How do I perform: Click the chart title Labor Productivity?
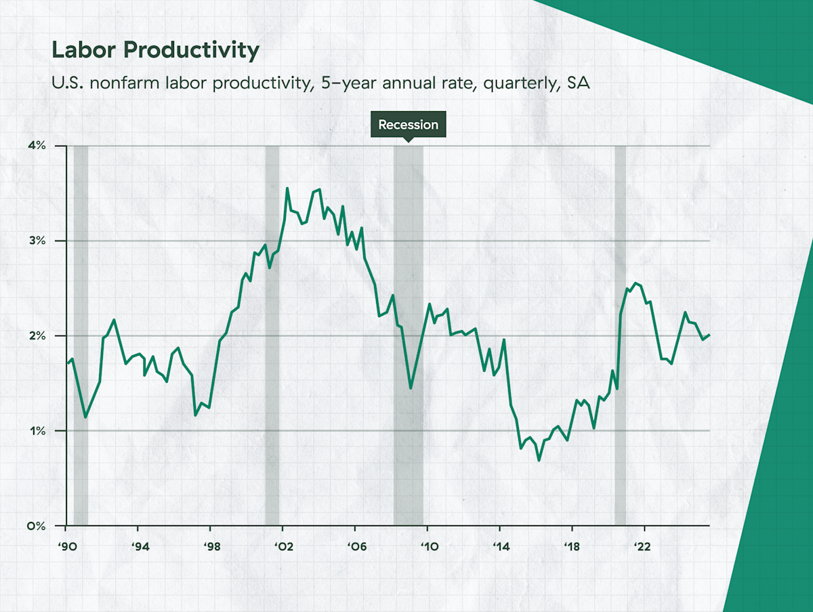(155, 51)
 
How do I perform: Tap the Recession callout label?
(408, 125)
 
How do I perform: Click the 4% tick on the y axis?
(36, 146)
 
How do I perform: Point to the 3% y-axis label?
(36, 241)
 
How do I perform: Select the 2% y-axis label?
(36, 336)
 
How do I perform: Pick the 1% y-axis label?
(37, 431)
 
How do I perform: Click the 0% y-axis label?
(36, 526)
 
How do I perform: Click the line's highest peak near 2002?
(287, 188)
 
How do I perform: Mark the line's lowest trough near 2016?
(539, 460)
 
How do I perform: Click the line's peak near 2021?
(635, 283)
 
